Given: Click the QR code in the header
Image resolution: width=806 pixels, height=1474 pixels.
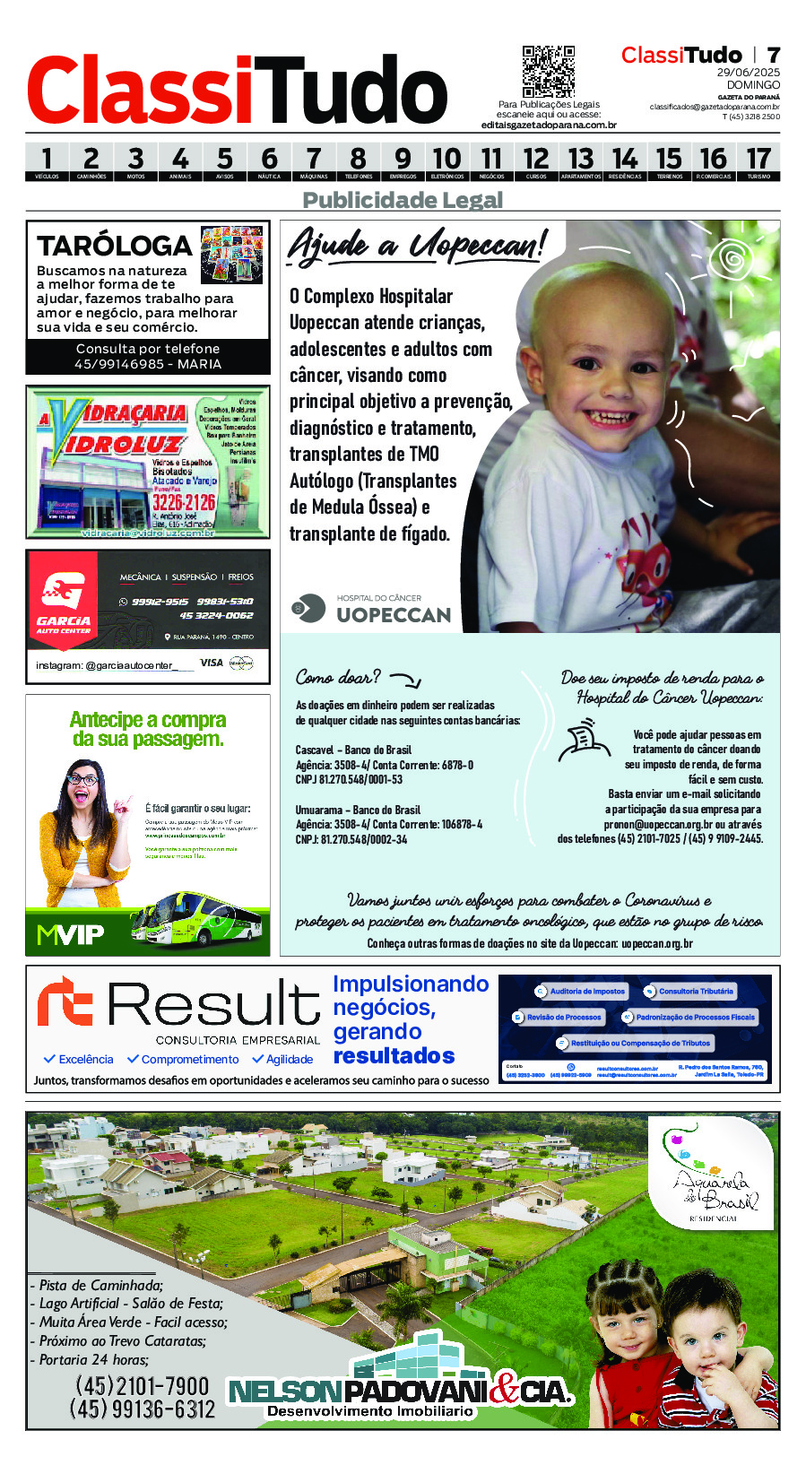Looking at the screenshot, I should pyautogui.click(x=548, y=71).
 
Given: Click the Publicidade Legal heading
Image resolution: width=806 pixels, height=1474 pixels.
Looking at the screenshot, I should pyautogui.click(x=403, y=200).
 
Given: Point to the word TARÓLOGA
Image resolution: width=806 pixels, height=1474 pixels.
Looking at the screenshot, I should pyautogui.click(x=115, y=246).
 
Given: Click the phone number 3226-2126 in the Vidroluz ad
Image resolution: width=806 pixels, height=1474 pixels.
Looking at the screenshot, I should pyautogui.click(x=184, y=502).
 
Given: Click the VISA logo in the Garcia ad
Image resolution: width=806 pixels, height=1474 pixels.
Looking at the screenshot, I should pyautogui.click(x=212, y=663).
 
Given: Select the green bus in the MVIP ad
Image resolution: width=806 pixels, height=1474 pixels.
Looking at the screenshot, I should pyautogui.click(x=199, y=918).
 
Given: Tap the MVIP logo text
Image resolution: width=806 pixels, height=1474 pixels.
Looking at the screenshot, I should pyautogui.click(x=71, y=935).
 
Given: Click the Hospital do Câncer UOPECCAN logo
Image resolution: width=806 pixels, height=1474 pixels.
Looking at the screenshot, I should pyautogui.click(x=371, y=609).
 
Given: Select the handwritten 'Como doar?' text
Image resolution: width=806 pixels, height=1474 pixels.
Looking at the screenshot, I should pyautogui.click(x=338, y=677).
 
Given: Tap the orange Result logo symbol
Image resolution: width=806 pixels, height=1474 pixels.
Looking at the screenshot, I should pyautogui.click(x=65, y=1002).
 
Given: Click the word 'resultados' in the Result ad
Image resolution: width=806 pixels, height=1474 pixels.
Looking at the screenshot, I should pyautogui.click(x=394, y=1056).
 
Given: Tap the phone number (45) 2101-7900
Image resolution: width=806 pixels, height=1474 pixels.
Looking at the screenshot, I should pyautogui.click(x=142, y=1385).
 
